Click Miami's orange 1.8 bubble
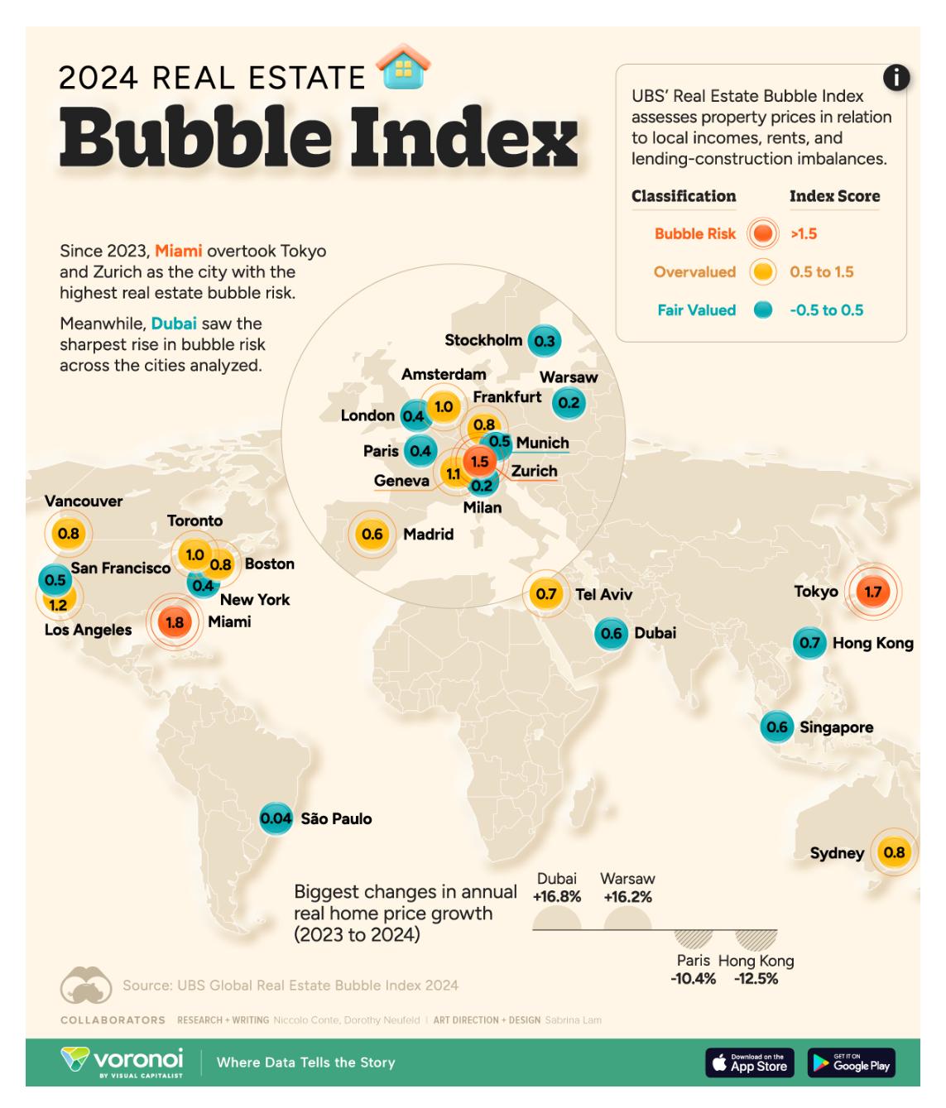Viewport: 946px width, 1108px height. tap(174, 622)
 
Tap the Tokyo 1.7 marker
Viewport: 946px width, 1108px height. tap(873, 592)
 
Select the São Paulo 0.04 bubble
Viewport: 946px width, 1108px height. tap(276, 818)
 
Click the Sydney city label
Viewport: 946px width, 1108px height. tap(837, 853)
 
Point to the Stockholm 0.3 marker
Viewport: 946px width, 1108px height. tap(544, 340)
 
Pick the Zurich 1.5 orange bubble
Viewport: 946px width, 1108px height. tap(479, 462)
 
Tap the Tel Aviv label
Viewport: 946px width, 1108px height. tap(603, 594)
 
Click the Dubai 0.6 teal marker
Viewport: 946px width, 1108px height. tap(612, 634)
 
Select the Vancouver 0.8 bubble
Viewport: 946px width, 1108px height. tap(69, 534)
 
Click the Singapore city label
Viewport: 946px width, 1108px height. tap(836, 728)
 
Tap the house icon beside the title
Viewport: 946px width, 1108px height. tap(403, 66)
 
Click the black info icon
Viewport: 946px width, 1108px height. tap(896, 78)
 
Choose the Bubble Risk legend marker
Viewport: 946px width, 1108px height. tap(762, 234)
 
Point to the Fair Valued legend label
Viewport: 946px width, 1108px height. tap(696, 310)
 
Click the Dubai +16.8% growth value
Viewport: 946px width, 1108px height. tap(557, 897)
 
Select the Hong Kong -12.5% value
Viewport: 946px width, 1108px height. tap(756, 979)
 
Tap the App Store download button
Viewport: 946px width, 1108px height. tap(750, 1063)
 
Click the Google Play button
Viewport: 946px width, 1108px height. tap(852, 1063)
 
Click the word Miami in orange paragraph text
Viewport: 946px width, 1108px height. tap(179, 251)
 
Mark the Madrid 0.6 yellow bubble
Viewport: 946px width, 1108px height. tap(372, 534)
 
